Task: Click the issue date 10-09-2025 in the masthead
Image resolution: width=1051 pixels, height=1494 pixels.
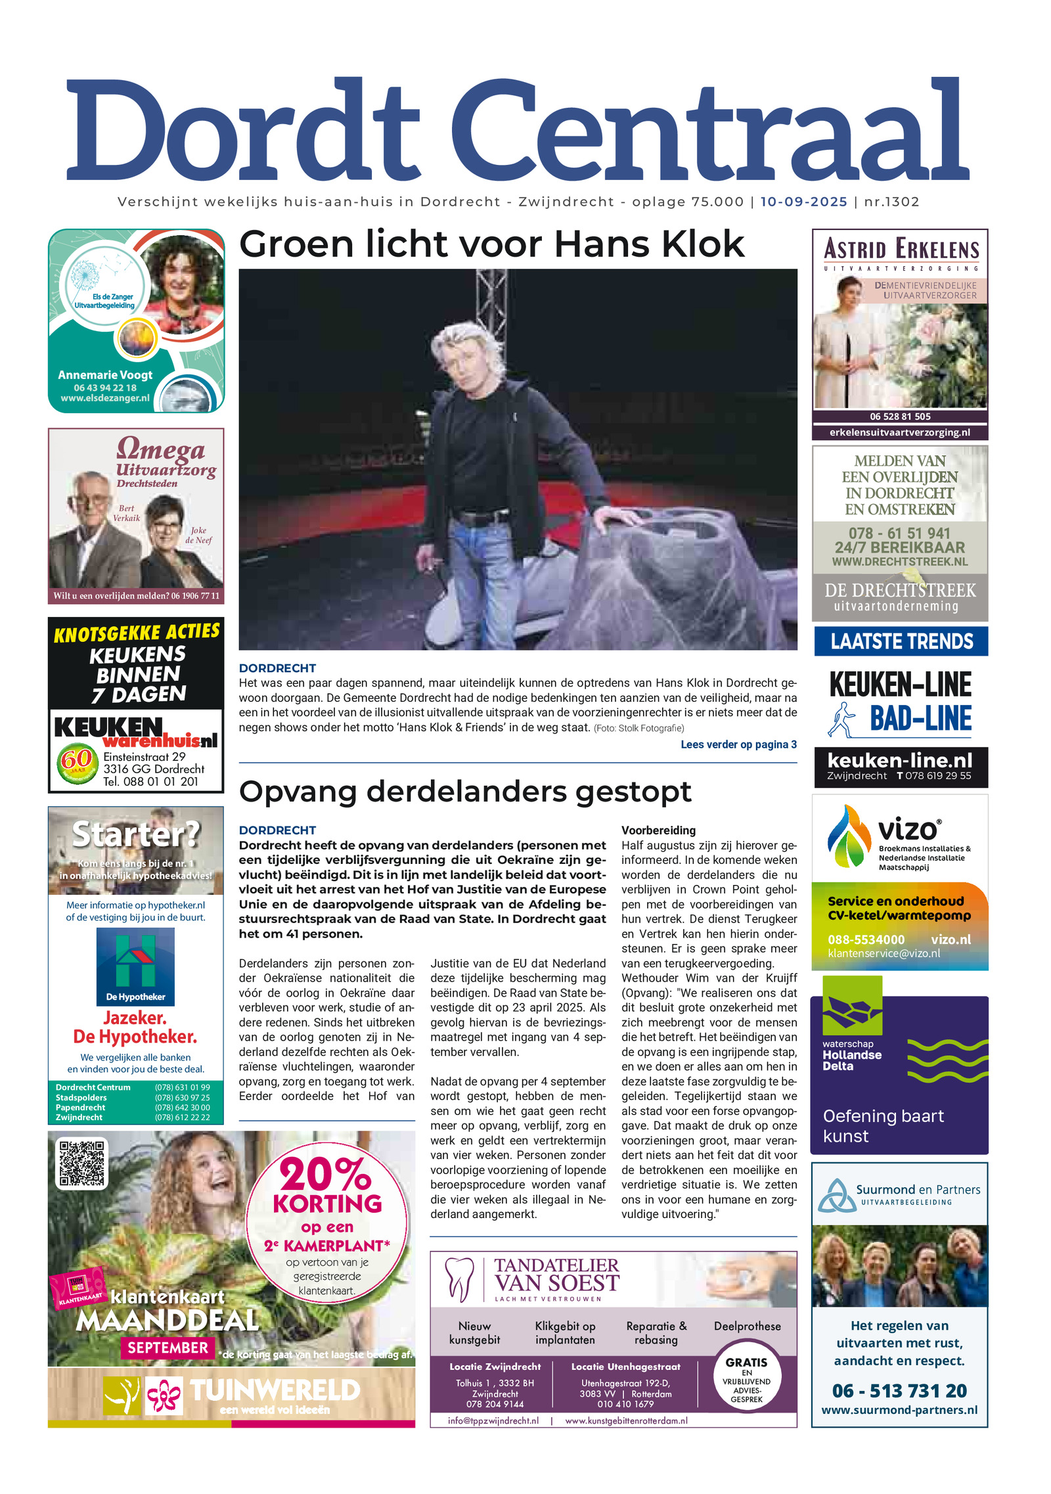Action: [803, 202]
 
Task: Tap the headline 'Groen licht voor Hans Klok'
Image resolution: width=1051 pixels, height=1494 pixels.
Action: [491, 244]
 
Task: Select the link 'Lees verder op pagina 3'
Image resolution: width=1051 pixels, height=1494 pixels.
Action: [738, 744]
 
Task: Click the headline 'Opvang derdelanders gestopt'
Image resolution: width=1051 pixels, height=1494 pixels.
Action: [464, 792]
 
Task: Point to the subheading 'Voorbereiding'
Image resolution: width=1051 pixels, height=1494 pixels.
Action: [658, 830]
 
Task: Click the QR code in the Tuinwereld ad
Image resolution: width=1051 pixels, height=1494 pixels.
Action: [81, 1164]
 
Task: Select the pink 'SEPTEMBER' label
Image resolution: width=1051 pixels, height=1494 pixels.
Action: [168, 1348]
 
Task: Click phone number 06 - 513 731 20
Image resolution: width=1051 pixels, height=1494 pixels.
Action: [899, 1391]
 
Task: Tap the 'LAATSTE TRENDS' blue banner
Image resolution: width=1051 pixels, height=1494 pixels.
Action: [901, 641]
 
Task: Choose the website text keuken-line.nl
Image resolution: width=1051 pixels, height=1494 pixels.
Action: [899, 761]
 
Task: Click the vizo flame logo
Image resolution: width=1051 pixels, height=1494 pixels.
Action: [848, 836]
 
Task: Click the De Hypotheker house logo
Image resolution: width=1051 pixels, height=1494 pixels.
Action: [135, 962]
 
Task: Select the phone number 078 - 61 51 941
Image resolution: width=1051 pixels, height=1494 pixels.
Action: [899, 533]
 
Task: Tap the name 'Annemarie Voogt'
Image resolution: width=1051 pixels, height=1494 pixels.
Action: [105, 375]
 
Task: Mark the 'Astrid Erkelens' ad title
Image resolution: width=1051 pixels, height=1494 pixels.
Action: [901, 250]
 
